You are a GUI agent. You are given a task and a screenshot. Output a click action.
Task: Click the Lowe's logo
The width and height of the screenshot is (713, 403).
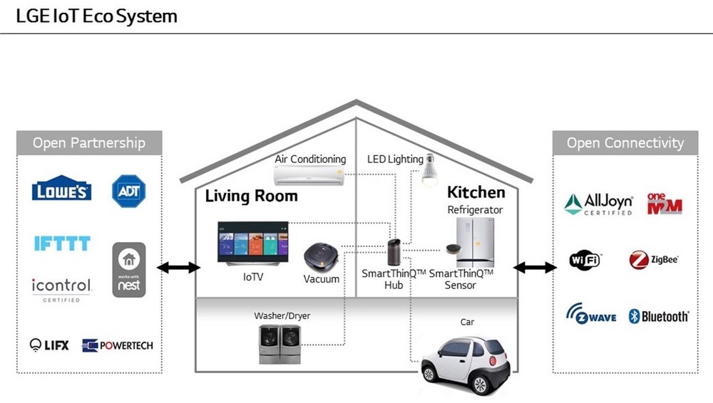click(x=61, y=188)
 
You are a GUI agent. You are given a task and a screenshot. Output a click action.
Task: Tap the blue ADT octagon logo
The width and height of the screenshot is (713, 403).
click(x=128, y=192)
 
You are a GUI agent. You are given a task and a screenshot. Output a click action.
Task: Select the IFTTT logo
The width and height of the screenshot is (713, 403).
click(x=62, y=243)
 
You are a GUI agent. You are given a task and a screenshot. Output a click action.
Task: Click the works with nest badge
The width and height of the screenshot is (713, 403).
click(x=129, y=270)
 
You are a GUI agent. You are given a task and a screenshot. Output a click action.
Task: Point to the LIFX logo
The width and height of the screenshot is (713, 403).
click(x=49, y=345)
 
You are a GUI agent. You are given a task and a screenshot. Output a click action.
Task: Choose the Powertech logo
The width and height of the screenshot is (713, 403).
click(x=118, y=346)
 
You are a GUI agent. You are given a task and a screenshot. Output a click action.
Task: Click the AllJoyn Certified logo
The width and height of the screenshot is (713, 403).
click(x=598, y=204)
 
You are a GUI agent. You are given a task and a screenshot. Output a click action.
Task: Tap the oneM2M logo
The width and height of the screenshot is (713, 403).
click(x=665, y=204)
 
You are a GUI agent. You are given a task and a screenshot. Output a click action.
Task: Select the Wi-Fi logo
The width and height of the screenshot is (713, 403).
click(x=585, y=260)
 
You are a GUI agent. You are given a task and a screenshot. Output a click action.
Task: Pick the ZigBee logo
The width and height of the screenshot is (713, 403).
click(x=653, y=260)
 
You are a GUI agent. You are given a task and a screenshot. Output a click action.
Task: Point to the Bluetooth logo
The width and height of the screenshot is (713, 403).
click(x=659, y=316)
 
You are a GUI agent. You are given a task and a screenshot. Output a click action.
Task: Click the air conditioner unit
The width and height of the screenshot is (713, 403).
click(x=309, y=175)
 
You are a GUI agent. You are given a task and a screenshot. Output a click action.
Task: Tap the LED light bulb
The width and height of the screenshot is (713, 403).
click(x=429, y=170)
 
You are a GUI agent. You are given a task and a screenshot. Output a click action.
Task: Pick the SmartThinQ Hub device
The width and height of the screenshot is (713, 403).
click(x=394, y=252)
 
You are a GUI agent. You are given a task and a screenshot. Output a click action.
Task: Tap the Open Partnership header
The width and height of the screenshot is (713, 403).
click(x=89, y=142)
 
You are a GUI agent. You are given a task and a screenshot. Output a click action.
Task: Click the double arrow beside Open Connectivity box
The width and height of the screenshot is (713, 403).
click(x=535, y=268)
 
